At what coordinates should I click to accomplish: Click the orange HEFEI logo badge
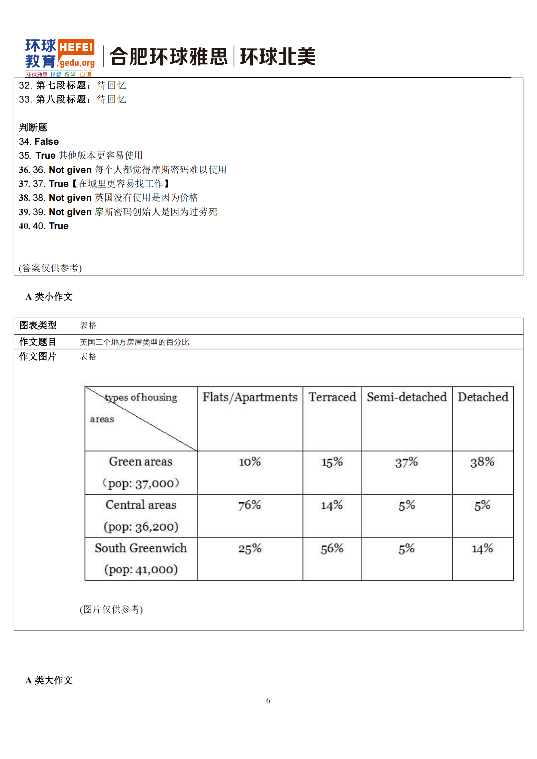[x=76, y=47]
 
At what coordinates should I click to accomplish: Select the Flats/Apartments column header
[x=250, y=397]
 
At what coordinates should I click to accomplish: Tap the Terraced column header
[x=332, y=397]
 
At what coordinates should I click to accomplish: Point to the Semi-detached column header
[x=406, y=397]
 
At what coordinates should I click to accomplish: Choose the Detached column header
[x=482, y=397]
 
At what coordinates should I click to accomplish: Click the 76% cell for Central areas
[x=250, y=505]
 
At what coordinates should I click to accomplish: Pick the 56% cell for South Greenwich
[x=332, y=548]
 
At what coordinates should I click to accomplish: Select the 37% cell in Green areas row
[x=406, y=462]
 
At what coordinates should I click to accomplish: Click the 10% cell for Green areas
[x=250, y=462]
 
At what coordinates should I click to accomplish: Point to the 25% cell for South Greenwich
[x=250, y=548]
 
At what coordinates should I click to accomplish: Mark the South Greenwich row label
[x=141, y=548]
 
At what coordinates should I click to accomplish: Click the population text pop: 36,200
[x=141, y=527]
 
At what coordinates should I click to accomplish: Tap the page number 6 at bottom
[x=268, y=701]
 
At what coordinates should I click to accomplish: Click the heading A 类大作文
[x=49, y=680]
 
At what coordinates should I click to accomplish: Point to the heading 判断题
[x=33, y=127]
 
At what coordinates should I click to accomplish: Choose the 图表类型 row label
[x=38, y=325]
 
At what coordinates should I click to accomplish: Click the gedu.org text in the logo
[x=77, y=63]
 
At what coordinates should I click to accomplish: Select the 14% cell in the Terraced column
[x=332, y=505]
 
